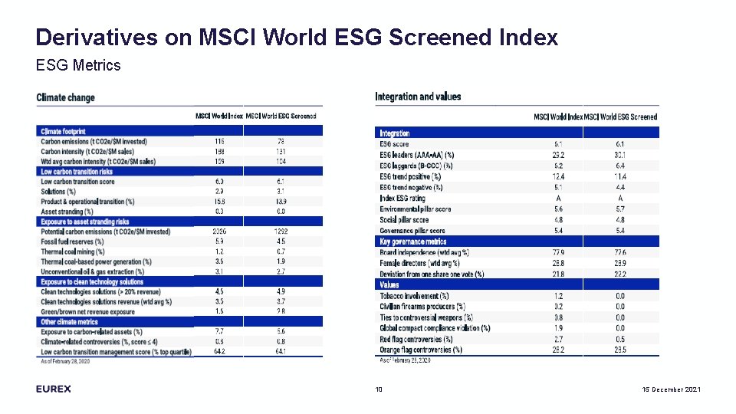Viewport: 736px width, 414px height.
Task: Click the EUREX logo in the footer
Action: pyautogui.click(x=54, y=389)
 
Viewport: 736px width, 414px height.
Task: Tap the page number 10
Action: pyautogui.click(x=379, y=390)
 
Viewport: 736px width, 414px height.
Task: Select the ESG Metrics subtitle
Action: pyautogui.click(x=78, y=65)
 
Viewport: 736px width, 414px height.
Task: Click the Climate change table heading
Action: pyautogui.click(x=66, y=97)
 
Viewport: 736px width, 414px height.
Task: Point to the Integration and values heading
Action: pyautogui.click(x=418, y=97)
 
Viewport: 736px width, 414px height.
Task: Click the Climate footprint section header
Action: pyautogui.click(x=63, y=132)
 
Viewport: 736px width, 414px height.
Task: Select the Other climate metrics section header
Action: pyautogui.click(x=69, y=322)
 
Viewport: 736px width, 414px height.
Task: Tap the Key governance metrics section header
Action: pyautogui.click(x=413, y=242)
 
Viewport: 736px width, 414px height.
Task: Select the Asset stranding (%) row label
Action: pyautogui.click(x=67, y=212)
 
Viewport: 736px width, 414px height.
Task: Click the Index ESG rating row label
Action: pyautogui.click(x=402, y=198)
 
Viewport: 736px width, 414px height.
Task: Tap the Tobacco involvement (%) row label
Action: pyautogui.click(x=415, y=296)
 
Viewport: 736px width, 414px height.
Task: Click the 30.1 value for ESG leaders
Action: pyautogui.click(x=620, y=155)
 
